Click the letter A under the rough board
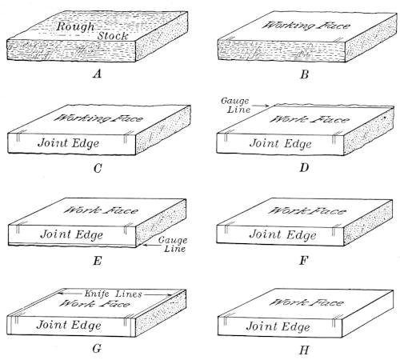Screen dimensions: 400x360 coord(98,74)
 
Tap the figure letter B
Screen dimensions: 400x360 coord(305,74)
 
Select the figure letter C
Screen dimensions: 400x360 coord(98,169)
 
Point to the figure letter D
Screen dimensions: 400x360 coord(304,168)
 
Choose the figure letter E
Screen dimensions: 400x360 coord(98,261)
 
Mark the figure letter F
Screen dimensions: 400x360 coord(304,260)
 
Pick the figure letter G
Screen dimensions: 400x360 coord(97,348)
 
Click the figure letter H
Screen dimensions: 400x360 coord(304,350)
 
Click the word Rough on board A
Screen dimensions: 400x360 coord(75,27)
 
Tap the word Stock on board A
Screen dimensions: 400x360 coord(113,36)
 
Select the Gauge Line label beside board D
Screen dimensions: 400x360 coord(235,105)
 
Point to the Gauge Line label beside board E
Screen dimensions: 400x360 coord(172,244)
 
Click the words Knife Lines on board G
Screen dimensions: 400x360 coord(113,294)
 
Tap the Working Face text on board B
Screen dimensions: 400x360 coord(306,26)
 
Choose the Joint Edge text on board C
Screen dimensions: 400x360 coord(69,143)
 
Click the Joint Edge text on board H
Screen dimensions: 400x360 coord(278,326)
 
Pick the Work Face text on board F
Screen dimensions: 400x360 coord(307,211)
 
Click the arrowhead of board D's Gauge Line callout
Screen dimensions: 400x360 coord(267,106)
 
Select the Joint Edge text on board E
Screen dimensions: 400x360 coord(71,234)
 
